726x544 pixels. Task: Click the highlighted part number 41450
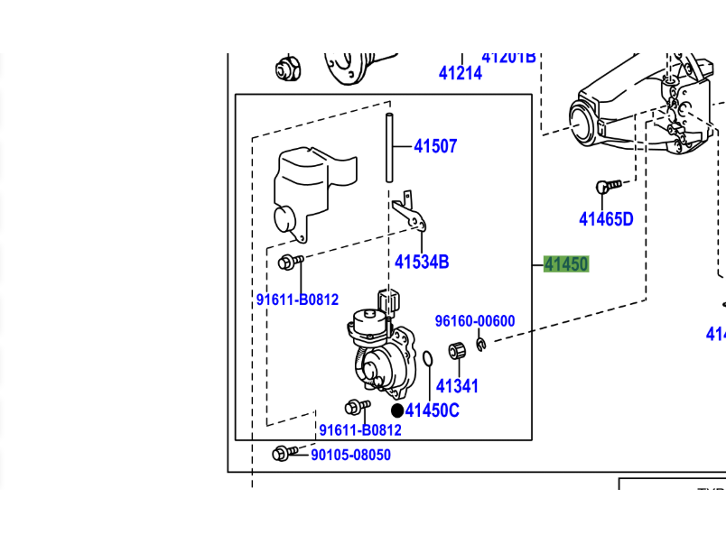pos(566,264)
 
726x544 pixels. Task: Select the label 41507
pos(435,146)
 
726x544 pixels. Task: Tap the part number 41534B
pos(421,263)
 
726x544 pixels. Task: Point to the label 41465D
pos(606,218)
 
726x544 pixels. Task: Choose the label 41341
pos(457,386)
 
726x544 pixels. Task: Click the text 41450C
pos(433,410)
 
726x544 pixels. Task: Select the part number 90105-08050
pos(350,455)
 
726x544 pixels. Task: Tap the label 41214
pos(461,73)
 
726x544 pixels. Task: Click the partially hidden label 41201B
pos(508,58)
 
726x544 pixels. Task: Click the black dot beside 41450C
pos(397,410)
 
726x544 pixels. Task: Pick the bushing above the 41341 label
pos(457,351)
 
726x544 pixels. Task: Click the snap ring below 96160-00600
pos(481,344)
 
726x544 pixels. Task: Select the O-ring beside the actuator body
pos(427,361)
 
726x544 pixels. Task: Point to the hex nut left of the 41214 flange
pos(287,67)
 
